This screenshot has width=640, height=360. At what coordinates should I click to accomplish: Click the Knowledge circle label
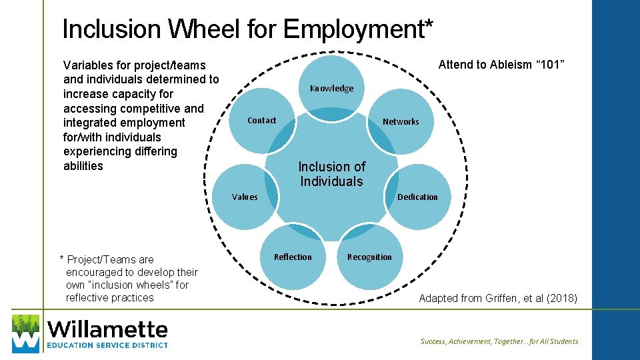[x=331, y=89]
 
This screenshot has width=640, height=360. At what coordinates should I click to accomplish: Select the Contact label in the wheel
[x=261, y=121]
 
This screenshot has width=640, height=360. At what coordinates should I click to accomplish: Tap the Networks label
[x=401, y=121]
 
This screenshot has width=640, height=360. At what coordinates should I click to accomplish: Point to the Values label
[x=245, y=197]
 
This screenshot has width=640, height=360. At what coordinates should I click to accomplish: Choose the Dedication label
[x=417, y=197]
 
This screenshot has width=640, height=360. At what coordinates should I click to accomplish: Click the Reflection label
[x=293, y=257]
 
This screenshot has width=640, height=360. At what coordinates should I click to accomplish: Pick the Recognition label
[x=369, y=257]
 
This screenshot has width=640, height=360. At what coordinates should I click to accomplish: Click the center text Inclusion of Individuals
[x=331, y=174]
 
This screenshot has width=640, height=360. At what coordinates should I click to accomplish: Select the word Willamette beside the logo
[x=108, y=329]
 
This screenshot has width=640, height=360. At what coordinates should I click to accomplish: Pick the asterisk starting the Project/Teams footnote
[x=62, y=259]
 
